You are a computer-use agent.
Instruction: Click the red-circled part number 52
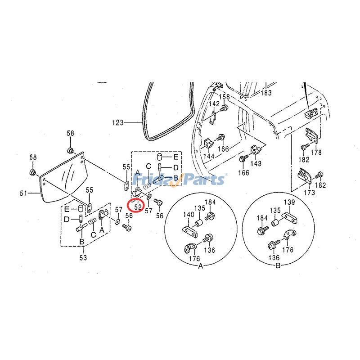click(x=138, y=207)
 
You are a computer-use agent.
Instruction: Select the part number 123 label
click(x=117, y=122)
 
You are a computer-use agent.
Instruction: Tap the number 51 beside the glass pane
click(x=23, y=193)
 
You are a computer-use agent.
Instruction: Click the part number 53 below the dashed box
click(x=83, y=257)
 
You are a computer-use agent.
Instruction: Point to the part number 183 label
click(x=266, y=93)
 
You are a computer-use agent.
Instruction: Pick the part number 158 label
click(x=224, y=97)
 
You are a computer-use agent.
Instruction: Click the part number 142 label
click(x=214, y=103)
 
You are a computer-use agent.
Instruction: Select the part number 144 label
click(x=209, y=156)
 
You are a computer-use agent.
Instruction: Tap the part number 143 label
click(x=256, y=163)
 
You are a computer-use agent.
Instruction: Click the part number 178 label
click(x=316, y=152)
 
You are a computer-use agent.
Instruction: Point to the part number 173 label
click(x=309, y=192)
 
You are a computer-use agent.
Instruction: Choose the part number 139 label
click(x=289, y=202)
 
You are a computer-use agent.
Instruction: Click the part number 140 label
click(x=189, y=215)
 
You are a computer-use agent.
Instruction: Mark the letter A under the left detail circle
click(x=201, y=266)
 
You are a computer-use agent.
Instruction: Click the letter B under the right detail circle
click(x=278, y=266)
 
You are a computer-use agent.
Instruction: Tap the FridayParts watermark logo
click(x=180, y=179)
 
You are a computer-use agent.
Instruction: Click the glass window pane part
click(x=63, y=177)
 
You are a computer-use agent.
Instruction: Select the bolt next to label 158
click(x=224, y=108)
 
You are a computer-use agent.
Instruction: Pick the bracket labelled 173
click(x=304, y=176)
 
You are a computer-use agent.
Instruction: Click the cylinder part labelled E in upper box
click(x=160, y=157)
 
